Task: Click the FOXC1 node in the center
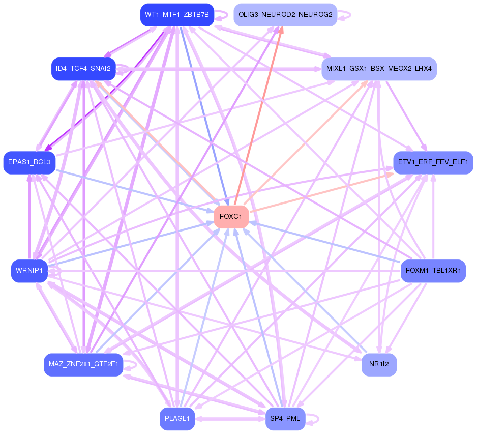pyautogui.click(x=231, y=217)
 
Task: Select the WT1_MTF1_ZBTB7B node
pyautogui.click(x=176, y=15)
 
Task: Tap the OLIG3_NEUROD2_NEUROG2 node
pyautogui.click(x=285, y=15)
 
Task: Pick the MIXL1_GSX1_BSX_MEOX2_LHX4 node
pyautogui.click(x=379, y=69)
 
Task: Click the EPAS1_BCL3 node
pyautogui.click(x=29, y=162)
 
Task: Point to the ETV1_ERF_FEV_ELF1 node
pyautogui.click(x=433, y=162)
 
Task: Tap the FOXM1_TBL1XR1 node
pyautogui.click(x=433, y=270)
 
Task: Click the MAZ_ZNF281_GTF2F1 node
pyautogui.click(x=83, y=364)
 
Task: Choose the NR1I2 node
pyautogui.click(x=379, y=364)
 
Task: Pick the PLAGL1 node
pyautogui.click(x=176, y=419)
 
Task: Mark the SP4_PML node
pyautogui.click(x=285, y=419)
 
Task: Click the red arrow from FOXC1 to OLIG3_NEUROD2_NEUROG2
pyautogui.click(x=258, y=117)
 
